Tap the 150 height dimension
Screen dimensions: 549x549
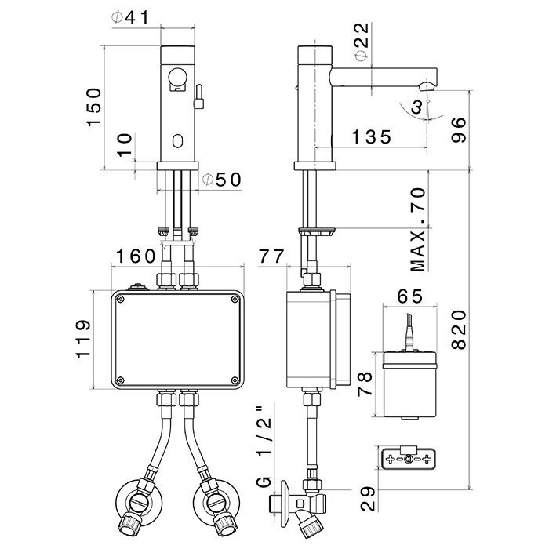(93, 107)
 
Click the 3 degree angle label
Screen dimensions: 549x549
(420, 108)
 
